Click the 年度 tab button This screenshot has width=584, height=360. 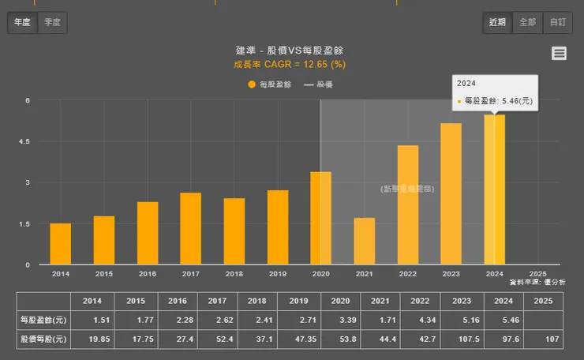tap(21, 22)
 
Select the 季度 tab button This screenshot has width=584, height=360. tap(52, 22)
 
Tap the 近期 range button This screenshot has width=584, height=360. tap(497, 22)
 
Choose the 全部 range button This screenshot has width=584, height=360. tap(526, 22)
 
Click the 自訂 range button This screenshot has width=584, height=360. tap(557, 22)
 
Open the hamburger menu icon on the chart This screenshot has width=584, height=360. tap(559, 53)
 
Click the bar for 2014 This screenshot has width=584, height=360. tap(60, 244)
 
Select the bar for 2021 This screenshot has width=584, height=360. tap(364, 241)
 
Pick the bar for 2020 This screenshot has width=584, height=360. tap(320, 218)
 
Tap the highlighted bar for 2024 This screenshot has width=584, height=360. tap(494, 189)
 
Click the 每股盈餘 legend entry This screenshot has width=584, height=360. tap(269, 84)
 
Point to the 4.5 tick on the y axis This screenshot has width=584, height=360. tap(27, 141)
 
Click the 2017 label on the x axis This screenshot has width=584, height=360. tap(190, 274)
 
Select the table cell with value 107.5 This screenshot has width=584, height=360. tap(450, 339)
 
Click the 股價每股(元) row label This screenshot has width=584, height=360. tap(43, 339)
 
